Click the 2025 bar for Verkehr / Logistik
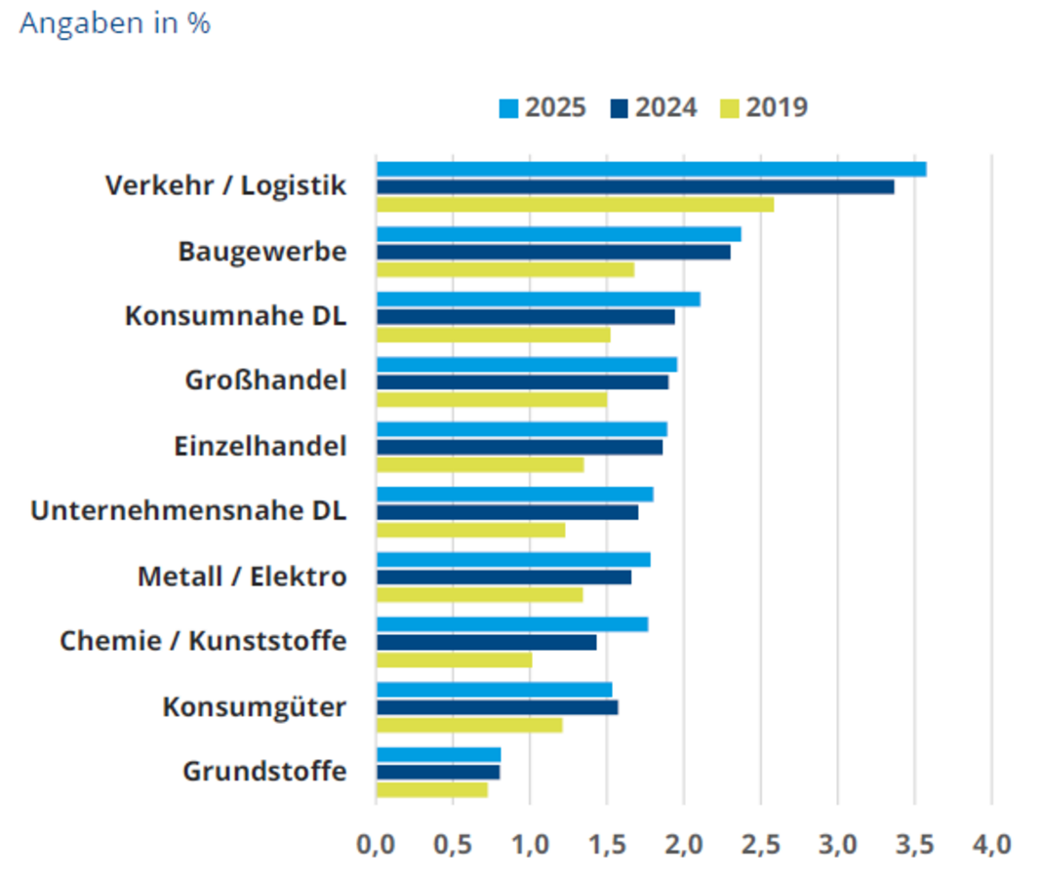(x=651, y=169)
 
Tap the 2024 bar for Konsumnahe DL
(x=525, y=317)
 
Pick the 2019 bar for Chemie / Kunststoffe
(x=455, y=660)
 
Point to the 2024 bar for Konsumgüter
(x=497, y=707)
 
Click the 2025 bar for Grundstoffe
(x=438, y=754)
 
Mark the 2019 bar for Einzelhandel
(x=480, y=465)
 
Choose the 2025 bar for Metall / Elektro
(x=513, y=559)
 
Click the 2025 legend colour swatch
(x=509, y=107)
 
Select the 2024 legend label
(x=666, y=107)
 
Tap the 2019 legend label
(x=778, y=107)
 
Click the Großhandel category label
(x=265, y=380)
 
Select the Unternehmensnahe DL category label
(x=188, y=511)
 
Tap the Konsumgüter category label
(x=254, y=706)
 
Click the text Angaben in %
(x=115, y=24)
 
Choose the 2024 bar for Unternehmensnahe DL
(x=507, y=512)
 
